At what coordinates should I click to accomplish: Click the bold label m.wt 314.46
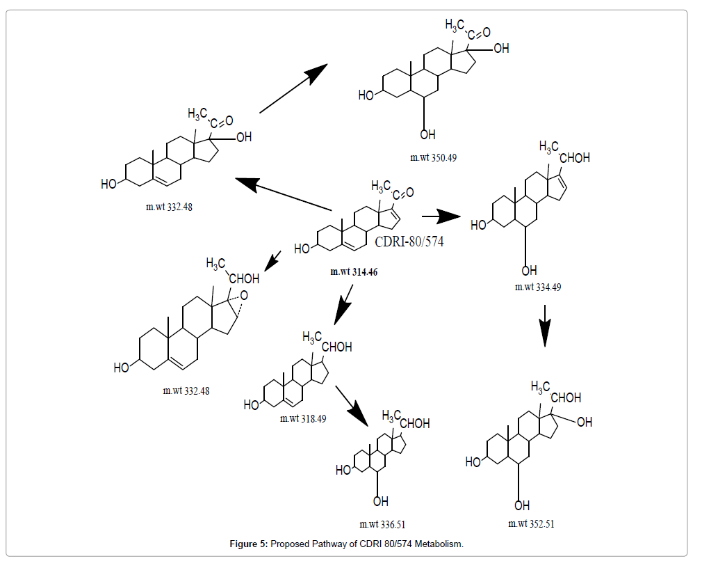[x=354, y=272]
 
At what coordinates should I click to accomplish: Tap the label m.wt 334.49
[x=538, y=287]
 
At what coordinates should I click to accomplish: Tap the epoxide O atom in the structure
[x=243, y=294]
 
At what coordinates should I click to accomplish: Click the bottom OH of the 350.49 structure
[x=427, y=134]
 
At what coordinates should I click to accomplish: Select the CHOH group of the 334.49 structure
[x=574, y=158]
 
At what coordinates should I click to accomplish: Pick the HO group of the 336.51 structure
[x=343, y=471]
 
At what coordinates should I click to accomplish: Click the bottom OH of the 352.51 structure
[x=522, y=505]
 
